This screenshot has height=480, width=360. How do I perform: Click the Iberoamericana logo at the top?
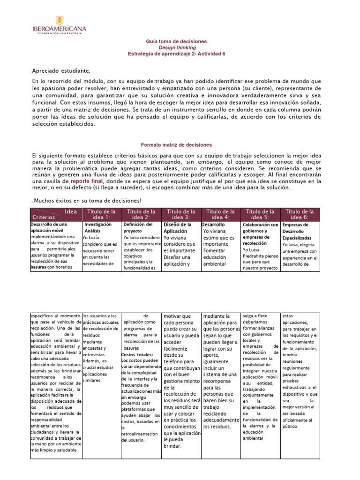click(x=59, y=24)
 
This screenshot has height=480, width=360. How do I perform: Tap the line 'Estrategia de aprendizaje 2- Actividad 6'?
click(x=176, y=53)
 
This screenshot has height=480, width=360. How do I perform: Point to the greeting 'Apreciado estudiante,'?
click(x=61, y=71)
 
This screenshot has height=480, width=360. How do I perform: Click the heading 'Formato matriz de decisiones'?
click(x=176, y=145)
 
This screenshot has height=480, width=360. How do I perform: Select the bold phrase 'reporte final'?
click(x=86, y=180)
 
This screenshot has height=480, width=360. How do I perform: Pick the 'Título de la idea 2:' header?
click(x=141, y=214)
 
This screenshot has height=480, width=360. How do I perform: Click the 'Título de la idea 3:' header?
click(x=181, y=214)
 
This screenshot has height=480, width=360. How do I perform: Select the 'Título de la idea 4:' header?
click(x=220, y=214)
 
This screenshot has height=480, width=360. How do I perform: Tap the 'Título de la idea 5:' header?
click(x=260, y=214)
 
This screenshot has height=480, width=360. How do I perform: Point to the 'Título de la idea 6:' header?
click(x=300, y=214)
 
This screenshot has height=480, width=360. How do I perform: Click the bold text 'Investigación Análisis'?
click(x=97, y=227)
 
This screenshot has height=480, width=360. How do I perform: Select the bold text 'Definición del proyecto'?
click(x=138, y=227)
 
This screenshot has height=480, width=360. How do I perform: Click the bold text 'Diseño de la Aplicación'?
click(x=178, y=227)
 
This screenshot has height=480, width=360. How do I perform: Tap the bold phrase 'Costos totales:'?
click(x=134, y=354)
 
